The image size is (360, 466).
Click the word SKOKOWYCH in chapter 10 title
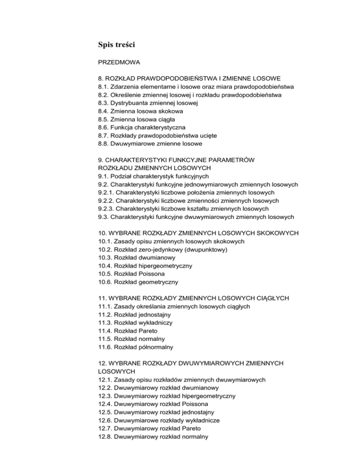pyautogui.click(x=266, y=233)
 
